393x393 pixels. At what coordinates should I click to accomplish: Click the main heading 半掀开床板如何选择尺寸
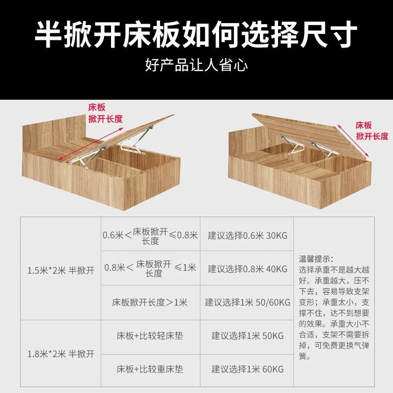tap(196, 34)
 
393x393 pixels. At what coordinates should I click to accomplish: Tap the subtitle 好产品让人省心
tap(196, 64)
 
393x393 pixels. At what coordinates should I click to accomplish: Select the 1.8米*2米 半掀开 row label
tap(61, 353)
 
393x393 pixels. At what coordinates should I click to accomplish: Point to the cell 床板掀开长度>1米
tap(149, 302)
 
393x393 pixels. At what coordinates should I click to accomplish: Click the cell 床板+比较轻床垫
tap(149, 336)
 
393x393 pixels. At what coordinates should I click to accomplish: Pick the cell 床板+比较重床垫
tap(149, 368)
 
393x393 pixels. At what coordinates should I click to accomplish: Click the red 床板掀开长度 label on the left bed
tap(104, 113)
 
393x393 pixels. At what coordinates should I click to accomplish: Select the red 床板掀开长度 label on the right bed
tap(371, 130)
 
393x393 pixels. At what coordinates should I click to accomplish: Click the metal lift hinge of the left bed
tap(133, 142)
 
